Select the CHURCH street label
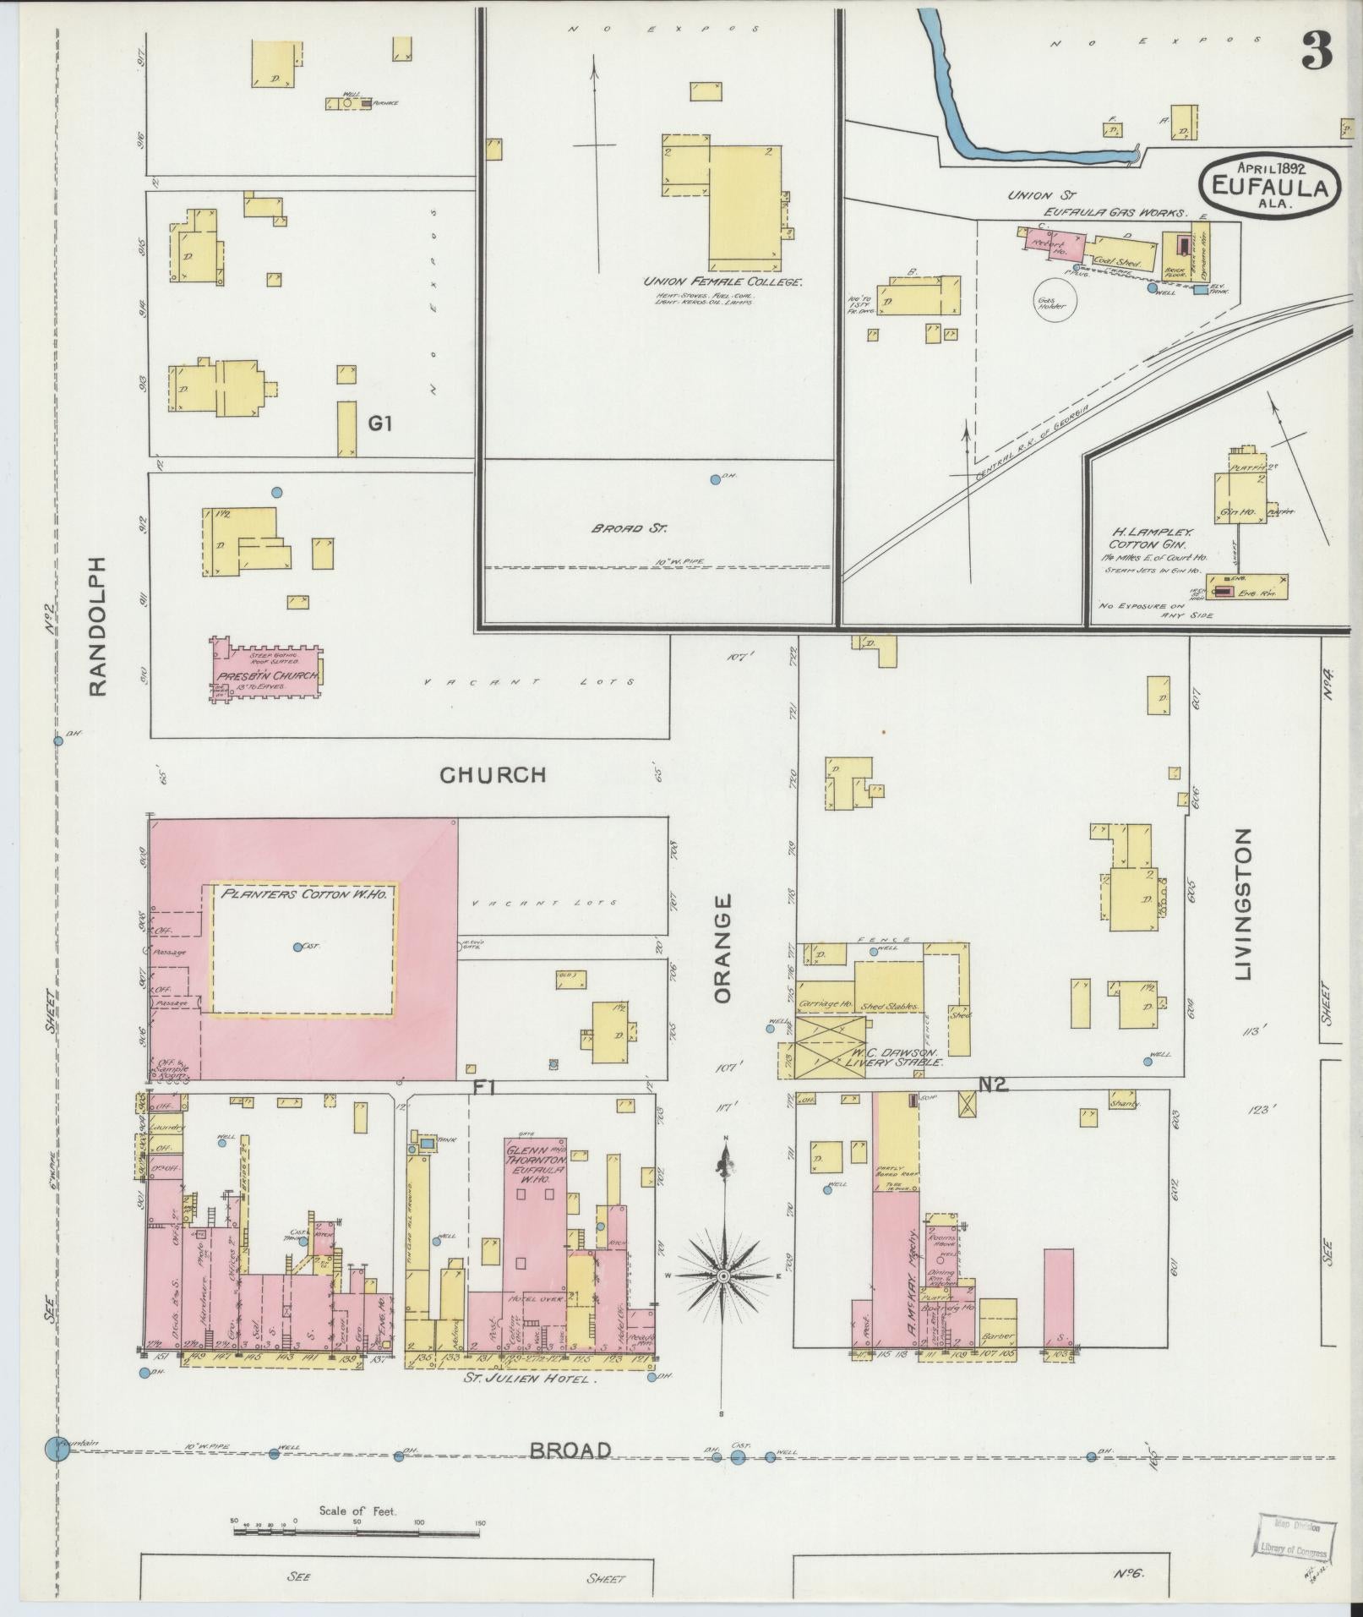coord(493,774)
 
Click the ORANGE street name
coord(722,949)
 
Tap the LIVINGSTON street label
coord(1242,904)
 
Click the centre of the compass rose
coord(723,1298)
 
